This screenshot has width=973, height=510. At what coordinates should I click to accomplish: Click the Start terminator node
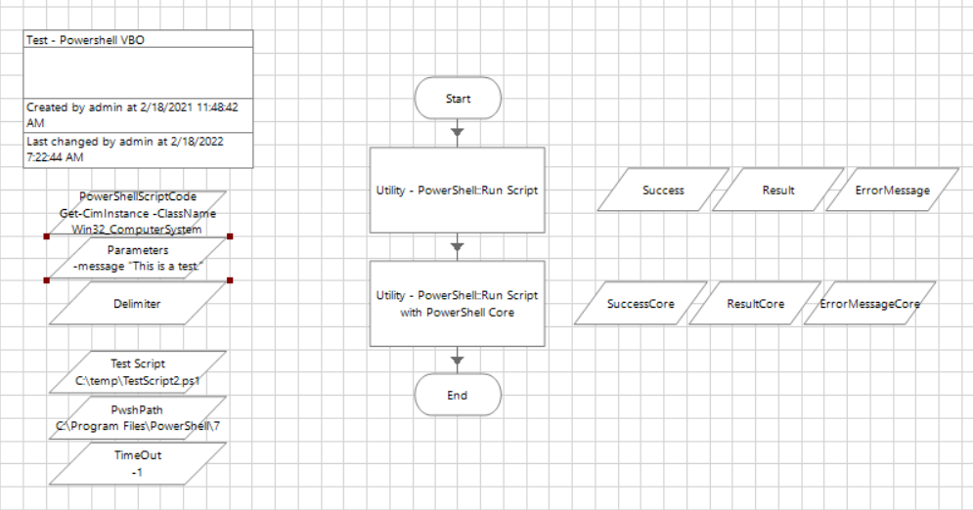(x=458, y=99)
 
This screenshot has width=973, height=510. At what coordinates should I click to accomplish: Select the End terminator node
(x=458, y=396)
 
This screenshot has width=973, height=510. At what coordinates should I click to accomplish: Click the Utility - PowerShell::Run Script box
(x=457, y=191)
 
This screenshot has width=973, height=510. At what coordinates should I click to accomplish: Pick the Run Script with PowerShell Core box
(x=457, y=304)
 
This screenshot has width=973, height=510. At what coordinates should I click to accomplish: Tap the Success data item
(x=663, y=191)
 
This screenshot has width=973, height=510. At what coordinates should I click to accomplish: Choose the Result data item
(x=777, y=191)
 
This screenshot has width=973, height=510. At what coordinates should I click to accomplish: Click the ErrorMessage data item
(x=892, y=191)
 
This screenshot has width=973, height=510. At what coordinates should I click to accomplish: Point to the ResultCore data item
(x=755, y=304)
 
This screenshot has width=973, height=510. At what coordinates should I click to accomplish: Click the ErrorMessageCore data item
(x=870, y=304)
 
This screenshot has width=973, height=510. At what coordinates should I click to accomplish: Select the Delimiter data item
(x=137, y=304)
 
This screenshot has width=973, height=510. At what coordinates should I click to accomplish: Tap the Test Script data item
(x=137, y=372)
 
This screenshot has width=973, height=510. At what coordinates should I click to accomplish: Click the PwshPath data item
(x=137, y=418)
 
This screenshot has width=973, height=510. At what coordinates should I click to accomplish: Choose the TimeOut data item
(x=137, y=463)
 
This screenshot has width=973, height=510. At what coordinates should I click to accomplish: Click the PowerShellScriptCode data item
(x=137, y=213)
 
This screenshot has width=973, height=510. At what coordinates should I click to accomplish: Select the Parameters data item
(x=137, y=258)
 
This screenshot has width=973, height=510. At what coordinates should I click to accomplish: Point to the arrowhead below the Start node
(x=457, y=132)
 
